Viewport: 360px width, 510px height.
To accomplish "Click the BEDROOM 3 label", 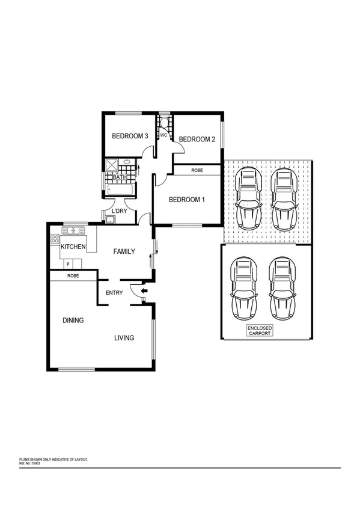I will click(x=130, y=137).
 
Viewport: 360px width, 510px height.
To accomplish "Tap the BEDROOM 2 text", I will click(x=197, y=139).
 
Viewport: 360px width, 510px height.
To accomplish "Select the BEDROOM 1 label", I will click(x=186, y=200).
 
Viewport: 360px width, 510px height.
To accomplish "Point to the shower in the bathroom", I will click(x=112, y=164).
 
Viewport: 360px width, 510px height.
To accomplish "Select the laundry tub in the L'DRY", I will click(x=111, y=219).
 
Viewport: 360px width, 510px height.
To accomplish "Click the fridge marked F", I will click(x=68, y=264).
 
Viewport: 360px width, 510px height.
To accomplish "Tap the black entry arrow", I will click(x=144, y=293).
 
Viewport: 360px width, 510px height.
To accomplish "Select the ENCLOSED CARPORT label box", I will click(x=260, y=330).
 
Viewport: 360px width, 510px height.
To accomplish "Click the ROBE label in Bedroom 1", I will click(x=197, y=171).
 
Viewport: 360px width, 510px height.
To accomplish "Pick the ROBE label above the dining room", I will click(x=73, y=275).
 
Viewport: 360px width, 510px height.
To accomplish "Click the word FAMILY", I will click(x=124, y=252).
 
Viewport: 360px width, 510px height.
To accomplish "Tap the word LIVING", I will click(x=124, y=338).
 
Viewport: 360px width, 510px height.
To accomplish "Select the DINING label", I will click(x=73, y=321).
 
